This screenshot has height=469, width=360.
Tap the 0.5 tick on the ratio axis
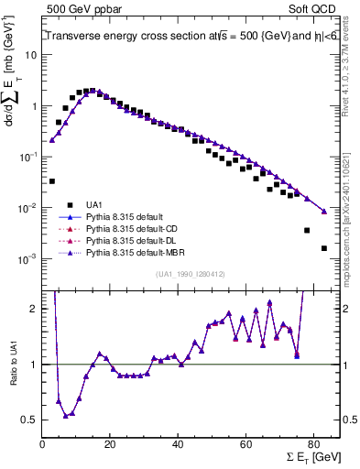31,420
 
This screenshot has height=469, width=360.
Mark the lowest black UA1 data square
324,248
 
